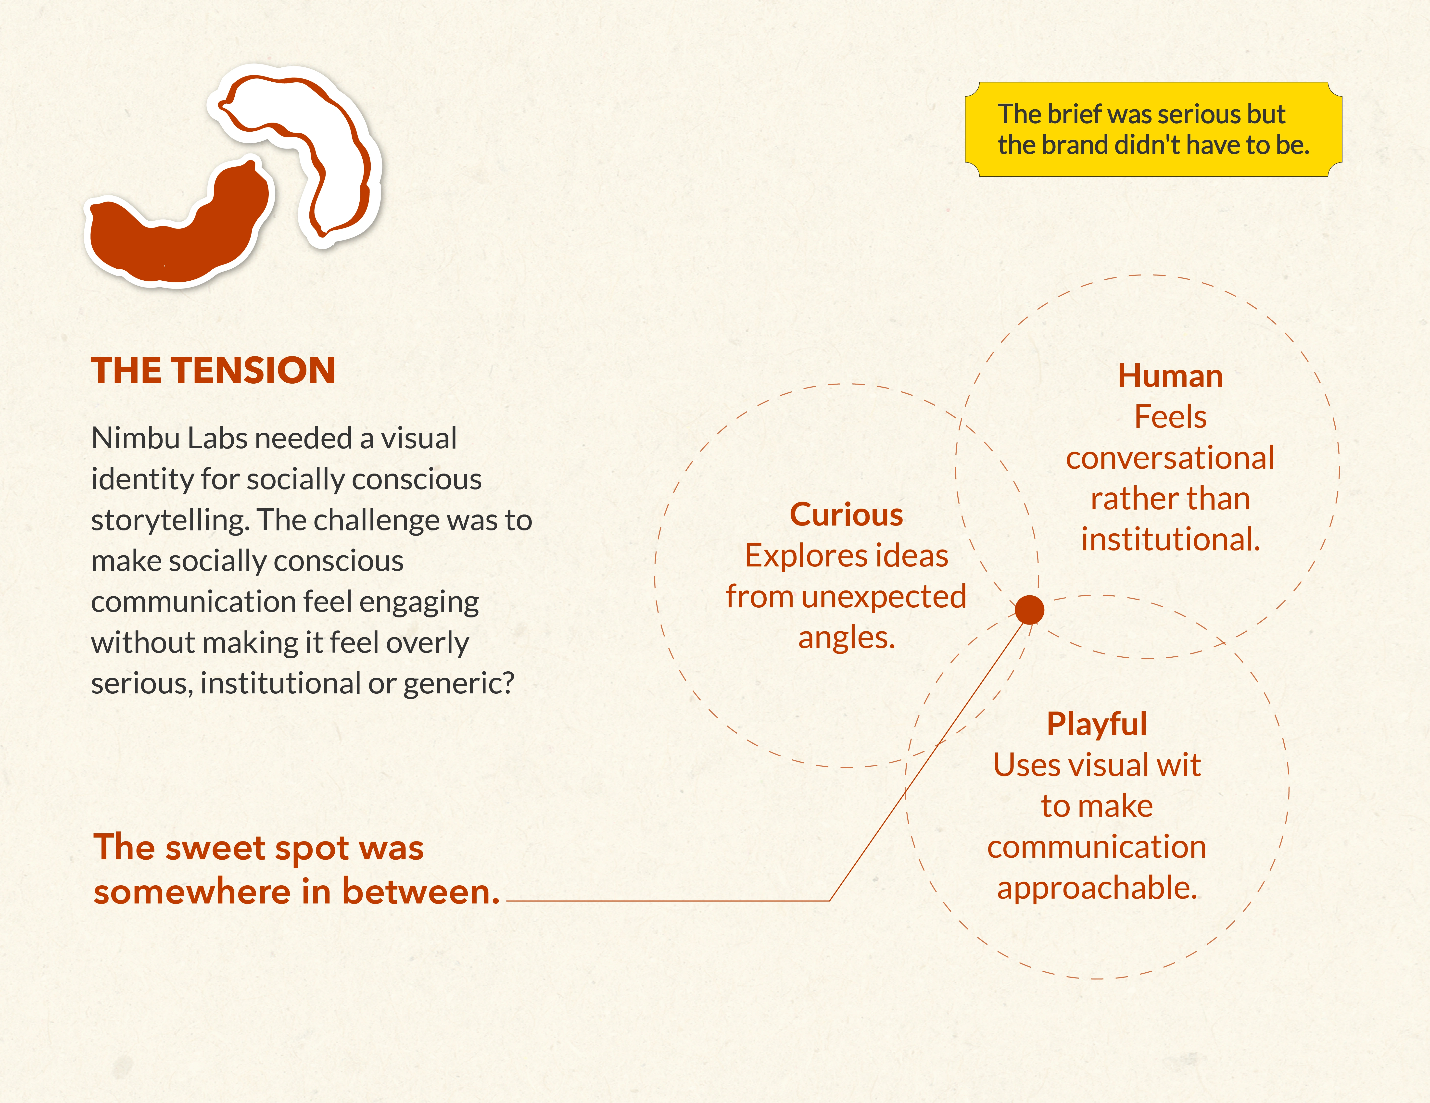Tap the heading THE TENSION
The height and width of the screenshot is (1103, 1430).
pyautogui.click(x=214, y=371)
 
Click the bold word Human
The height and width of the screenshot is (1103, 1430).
pyautogui.click(x=1170, y=376)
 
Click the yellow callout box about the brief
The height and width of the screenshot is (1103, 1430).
pyautogui.click(x=1153, y=130)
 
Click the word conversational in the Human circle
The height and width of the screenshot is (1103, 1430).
pyautogui.click(x=1170, y=458)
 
